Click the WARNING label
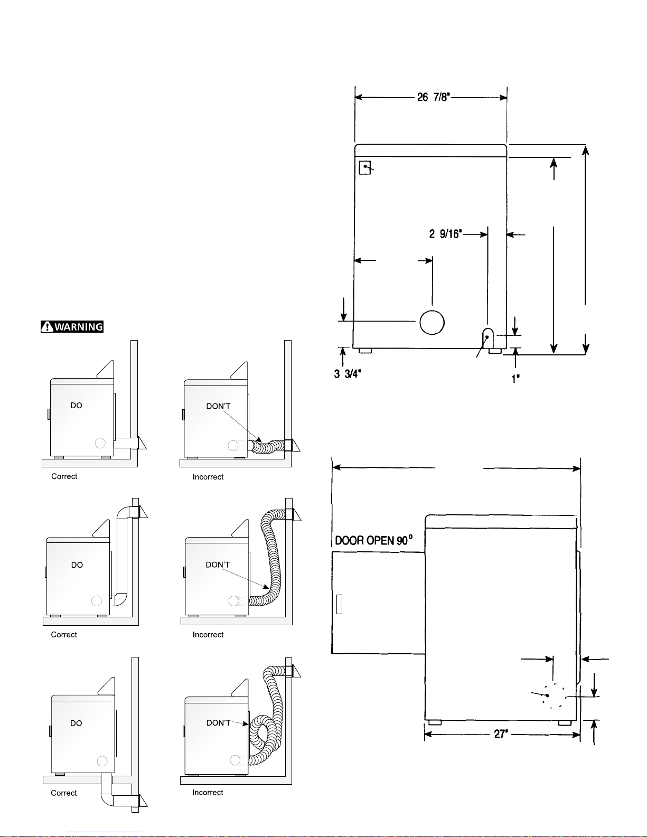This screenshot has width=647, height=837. click(x=72, y=327)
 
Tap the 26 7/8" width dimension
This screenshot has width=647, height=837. click(x=434, y=97)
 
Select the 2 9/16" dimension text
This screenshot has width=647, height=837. click(x=446, y=234)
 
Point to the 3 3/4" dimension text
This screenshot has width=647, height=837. click(x=348, y=374)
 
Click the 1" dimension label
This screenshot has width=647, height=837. click(x=515, y=379)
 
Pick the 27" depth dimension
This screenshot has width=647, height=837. click(x=501, y=734)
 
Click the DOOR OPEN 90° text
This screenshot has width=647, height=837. click(x=373, y=540)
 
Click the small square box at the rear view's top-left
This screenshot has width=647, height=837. click(x=365, y=167)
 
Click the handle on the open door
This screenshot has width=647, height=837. click(x=339, y=604)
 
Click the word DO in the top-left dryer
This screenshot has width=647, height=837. click(x=76, y=405)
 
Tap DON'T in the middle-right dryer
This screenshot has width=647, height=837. click(x=218, y=565)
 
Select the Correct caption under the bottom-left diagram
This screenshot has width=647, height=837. click(x=64, y=793)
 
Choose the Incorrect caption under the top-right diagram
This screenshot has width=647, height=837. click(x=208, y=477)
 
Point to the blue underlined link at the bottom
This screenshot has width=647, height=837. click(x=105, y=832)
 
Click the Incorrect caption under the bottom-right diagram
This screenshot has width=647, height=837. click(x=208, y=792)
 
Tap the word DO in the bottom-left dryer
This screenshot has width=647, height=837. click(x=76, y=723)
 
